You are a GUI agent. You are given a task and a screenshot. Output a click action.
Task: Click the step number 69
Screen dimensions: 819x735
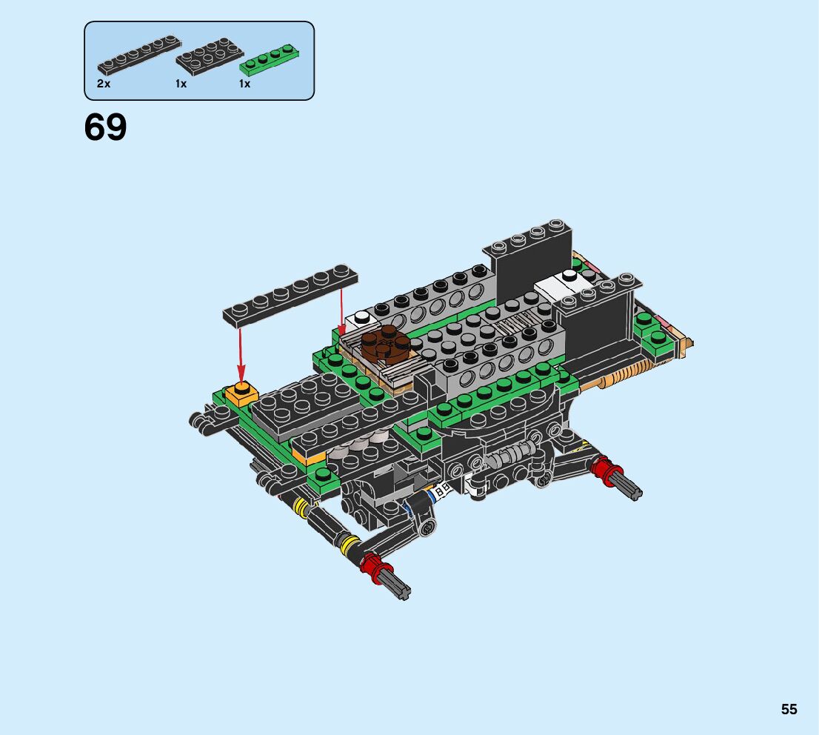(x=105, y=127)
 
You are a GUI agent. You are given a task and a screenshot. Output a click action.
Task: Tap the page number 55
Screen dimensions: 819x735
(x=789, y=709)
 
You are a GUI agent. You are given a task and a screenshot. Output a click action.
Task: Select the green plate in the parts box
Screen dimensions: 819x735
(x=270, y=60)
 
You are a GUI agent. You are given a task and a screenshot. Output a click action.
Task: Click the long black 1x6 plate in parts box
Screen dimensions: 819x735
(x=139, y=56)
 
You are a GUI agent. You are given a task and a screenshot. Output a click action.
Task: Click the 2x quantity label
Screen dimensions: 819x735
(x=104, y=84)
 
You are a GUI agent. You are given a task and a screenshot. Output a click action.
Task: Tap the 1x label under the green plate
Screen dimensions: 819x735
(x=244, y=84)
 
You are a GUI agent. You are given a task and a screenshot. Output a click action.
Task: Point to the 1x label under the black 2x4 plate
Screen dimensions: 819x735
(x=181, y=84)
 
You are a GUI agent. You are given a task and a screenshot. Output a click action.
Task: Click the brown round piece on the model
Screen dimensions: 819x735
(x=386, y=345)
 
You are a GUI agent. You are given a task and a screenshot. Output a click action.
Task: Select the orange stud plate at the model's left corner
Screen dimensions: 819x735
(x=241, y=394)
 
